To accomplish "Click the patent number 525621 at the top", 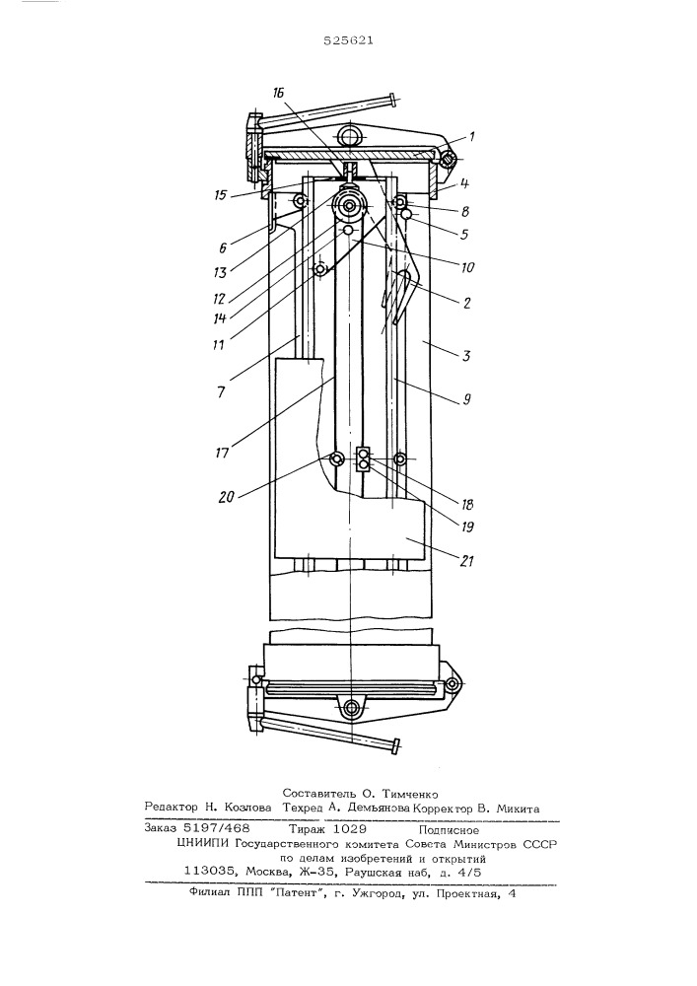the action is [x=349, y=40].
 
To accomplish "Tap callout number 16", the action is [x=279, y=93].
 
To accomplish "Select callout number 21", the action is [x=467, y=560].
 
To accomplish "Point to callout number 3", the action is [x=465, y=357].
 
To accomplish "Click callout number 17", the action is [x=222, y=452].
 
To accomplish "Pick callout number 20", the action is [x=226, y=496].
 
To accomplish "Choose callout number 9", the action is [x=466, y=397].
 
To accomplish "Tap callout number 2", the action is [x=466, y=303].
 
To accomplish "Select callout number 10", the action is [x=467, y=268].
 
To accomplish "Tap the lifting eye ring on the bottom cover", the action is [x=349, y=709].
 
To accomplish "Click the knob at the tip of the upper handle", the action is [x=393, y=100].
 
